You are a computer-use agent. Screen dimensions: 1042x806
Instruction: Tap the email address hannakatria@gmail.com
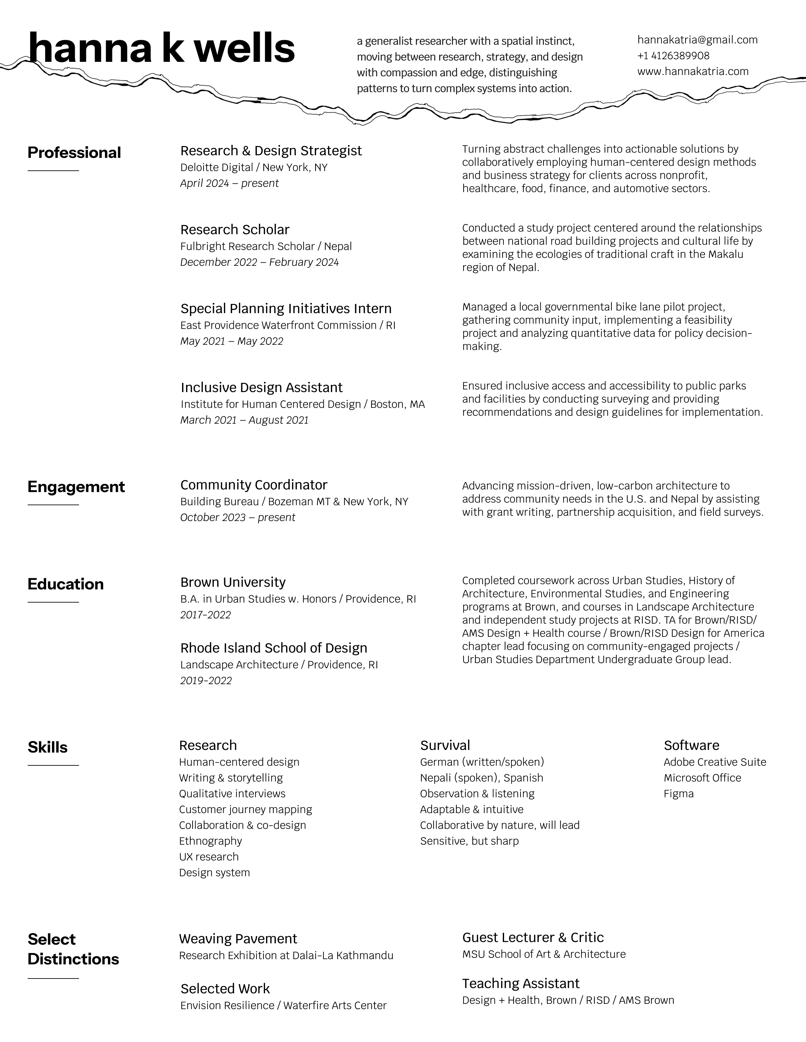pyautogui.click(x=697, y=40)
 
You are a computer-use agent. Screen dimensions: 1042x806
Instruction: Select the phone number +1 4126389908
pyautogui.click(x=673, y=56)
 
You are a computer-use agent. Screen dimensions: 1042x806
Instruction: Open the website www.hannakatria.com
pyautogui.click(x=693, y=72)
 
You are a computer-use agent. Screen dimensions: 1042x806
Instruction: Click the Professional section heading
pyautogui.click(x=74, y=153)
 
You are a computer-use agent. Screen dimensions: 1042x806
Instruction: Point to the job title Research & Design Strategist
pyautogui.click(x=271, y=151)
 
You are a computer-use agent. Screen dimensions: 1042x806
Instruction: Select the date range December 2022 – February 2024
pyautogui.click(x=259, y=262)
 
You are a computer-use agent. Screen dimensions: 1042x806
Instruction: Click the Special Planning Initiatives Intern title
pyautogui.click(x=285, y=309)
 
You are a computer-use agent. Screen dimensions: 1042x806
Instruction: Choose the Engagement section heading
pyautogui.click(x=76, y=487)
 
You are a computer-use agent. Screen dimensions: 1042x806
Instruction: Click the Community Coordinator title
pyautogui.click(x=254, y=485)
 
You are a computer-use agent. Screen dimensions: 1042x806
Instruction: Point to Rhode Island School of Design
pyautogui.click(x=274, y=648)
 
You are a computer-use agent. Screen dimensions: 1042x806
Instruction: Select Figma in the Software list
pyautogui.click(x=679, y=794)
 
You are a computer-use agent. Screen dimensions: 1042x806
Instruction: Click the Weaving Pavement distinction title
pyautogui.click(x=238, y=939)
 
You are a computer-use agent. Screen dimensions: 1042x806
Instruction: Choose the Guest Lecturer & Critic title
pyautogui.click(x=533, y=937)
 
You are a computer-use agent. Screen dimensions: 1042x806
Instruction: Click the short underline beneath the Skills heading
pyautogui.click(x=53, y=766)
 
